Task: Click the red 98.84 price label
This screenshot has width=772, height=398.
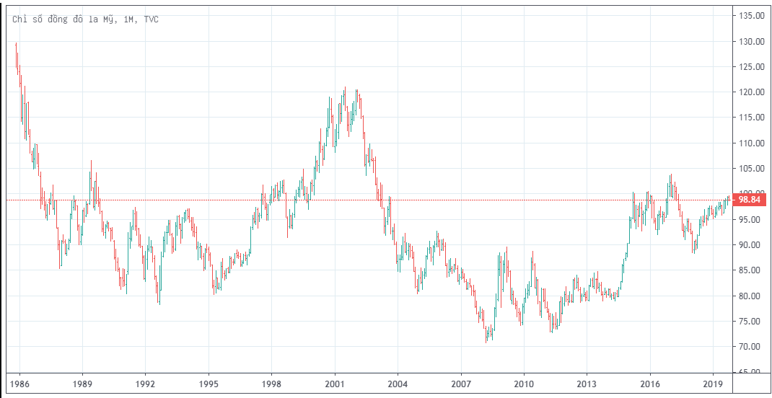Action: [x=750, y=200]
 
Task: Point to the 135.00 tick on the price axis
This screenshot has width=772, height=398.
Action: [x=751, y=16]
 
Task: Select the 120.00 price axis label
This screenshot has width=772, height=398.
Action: [x=751, y=92]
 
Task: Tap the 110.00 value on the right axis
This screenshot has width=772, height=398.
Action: [x=751, y=143]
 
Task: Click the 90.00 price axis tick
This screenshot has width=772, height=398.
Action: [x=750, y=245]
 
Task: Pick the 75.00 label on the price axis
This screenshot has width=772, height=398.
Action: [x=750, y=322]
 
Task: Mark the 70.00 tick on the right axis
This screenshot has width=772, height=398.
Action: [x=750, y=347]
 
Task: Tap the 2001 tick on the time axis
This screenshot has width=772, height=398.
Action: [x=335, y=386]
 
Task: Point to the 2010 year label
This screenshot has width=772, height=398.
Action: [x=524, y=386]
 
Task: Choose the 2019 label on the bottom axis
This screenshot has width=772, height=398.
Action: [x=714, y=386]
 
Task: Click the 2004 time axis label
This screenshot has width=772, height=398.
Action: [x=398, y=386]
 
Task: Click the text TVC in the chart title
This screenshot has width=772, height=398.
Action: [x=151, y=19]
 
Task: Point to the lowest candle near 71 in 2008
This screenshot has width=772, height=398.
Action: [x=487, y=335]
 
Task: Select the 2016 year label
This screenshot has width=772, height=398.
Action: [x=650, y=386]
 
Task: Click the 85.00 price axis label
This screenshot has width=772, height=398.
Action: [x=750, y=270]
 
